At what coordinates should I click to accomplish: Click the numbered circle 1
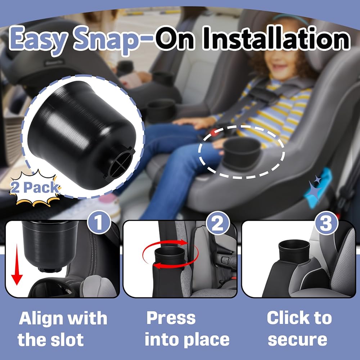click(x=99, y=222)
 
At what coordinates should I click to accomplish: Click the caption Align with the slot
click(x=62, y=329)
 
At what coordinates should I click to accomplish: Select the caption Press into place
click(x=187, y=329)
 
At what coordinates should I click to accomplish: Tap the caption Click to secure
click(x=299, y=329)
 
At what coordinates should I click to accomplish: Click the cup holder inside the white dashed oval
click(x=242, y=152)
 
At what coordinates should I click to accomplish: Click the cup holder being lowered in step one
click(x=49, y=246)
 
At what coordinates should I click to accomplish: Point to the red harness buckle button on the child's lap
click(x=214, y=132)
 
